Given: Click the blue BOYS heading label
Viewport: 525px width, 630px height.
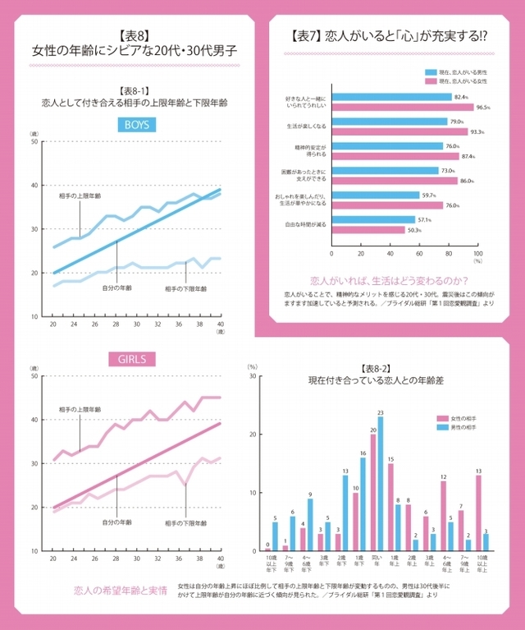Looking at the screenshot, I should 139,126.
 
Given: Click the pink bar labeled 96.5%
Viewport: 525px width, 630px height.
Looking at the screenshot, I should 402,107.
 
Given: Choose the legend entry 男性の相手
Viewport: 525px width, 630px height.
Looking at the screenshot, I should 470,428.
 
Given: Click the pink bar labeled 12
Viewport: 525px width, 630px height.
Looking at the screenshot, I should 443,515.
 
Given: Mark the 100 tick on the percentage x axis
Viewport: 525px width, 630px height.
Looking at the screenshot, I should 477,254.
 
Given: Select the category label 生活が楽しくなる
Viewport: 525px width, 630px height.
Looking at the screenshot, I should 302,126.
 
